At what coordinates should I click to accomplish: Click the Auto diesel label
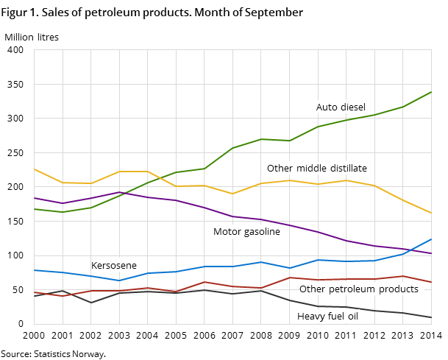click(341, 107)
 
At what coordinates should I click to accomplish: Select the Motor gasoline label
click(246, 232)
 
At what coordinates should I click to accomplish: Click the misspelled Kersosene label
click(113, 266)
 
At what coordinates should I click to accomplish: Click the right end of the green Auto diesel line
click(432, 92)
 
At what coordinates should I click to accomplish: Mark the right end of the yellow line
click(432, 213)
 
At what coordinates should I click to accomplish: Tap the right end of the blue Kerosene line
click(432, 239)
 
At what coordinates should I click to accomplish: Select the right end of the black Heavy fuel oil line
click(432, 318)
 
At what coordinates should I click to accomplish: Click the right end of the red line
click(432, 283)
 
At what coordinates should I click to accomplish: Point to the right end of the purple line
click(432, 254)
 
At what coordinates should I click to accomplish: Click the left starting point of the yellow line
click(34, 169)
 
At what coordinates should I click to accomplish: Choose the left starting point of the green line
click(34, 209)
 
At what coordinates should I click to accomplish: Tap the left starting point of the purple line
click(34, 198)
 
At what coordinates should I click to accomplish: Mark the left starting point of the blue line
click(34, 270)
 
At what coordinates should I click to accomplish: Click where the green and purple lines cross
click(124, 194)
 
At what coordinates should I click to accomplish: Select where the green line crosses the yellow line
click(163, 177)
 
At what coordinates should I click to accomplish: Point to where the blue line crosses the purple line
click(411, 250)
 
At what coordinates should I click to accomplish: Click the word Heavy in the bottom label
click(310, 317)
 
